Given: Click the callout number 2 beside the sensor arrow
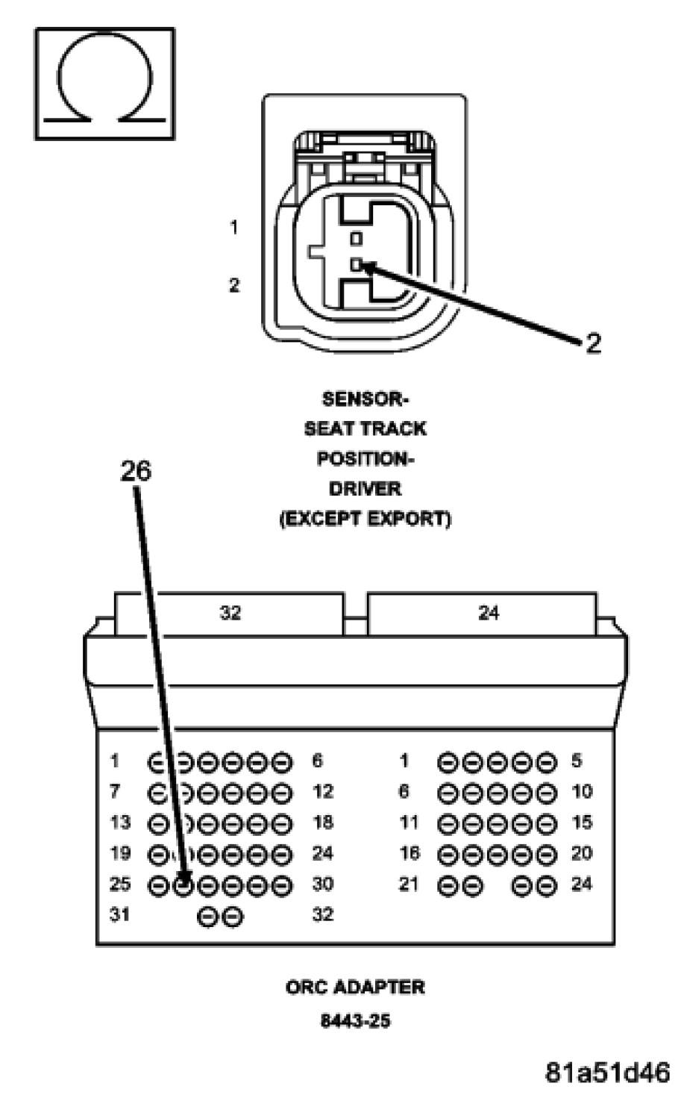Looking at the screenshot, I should pos(592,343).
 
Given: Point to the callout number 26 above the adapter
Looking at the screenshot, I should pos(136,471).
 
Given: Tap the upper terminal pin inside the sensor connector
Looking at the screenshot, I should pos(357,239).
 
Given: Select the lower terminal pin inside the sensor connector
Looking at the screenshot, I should pos(357,264).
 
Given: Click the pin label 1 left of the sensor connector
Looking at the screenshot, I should pos(234,227).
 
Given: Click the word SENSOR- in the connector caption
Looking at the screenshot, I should pos(365,399).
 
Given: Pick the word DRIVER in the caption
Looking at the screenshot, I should pos(365,489).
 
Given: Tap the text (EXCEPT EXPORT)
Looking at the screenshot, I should pos(365,519).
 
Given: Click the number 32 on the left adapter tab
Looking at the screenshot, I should pos(230,613).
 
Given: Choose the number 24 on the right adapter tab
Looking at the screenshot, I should pos(488,613).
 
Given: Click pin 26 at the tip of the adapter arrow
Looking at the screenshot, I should pos(183,885).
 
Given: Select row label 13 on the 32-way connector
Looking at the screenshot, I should pos(119,823).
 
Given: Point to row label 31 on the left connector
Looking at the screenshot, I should pos(119,914).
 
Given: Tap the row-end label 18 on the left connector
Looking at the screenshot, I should pos(323,823).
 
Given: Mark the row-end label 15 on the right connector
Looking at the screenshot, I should pos(582,823).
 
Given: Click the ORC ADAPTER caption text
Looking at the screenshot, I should pos(355,988).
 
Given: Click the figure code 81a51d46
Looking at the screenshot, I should pos(607,1072).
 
